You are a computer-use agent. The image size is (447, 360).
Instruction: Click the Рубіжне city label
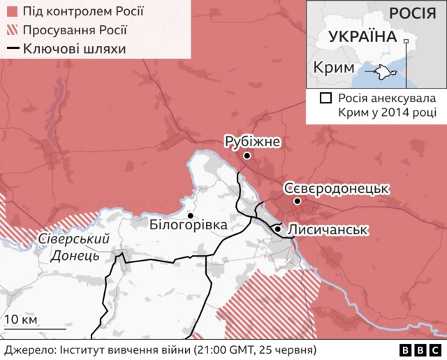tap(252, 142)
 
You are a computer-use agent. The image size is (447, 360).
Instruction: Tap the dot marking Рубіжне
tap(246, 157)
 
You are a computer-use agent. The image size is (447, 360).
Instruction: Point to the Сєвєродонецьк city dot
tap(298, 201)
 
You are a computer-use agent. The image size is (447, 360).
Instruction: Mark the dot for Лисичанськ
tap(278, 229)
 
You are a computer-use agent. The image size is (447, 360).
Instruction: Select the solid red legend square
tap(13, 13)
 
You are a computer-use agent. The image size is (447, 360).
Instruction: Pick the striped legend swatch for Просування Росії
tap(13, 31)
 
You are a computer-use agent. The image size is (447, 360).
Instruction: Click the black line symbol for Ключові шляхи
tap(13, 48)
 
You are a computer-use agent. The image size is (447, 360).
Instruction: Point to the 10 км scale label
tap(20, 320)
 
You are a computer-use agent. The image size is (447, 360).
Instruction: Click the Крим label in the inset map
tap(332, 68)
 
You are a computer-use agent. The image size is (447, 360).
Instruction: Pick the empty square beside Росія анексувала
tap(325, 99)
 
